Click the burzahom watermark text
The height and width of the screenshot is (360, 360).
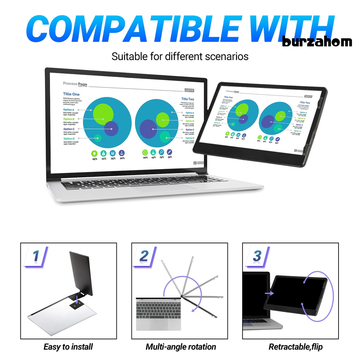pos(317,42)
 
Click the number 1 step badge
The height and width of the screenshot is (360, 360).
pos(36,256)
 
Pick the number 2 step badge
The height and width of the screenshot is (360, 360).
pos(144,256)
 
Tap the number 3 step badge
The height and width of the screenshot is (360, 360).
pos(257,256)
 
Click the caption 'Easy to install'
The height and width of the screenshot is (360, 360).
pos(68,347)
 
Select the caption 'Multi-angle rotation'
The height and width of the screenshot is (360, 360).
pos(181,347)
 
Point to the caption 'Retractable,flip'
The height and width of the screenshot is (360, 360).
pos(295,347)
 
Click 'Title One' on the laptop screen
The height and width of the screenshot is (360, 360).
pos(71,94)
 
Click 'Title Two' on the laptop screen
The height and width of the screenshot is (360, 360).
pos(187,99)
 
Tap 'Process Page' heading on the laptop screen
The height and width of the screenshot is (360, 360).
pos(75,84)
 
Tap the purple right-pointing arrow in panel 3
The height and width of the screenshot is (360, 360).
pos(269,293)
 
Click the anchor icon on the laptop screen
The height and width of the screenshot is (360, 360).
pos(122,153)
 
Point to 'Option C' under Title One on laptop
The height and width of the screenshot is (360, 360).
pos(69,129)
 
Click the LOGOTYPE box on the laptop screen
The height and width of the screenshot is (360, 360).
pos(189,90)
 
